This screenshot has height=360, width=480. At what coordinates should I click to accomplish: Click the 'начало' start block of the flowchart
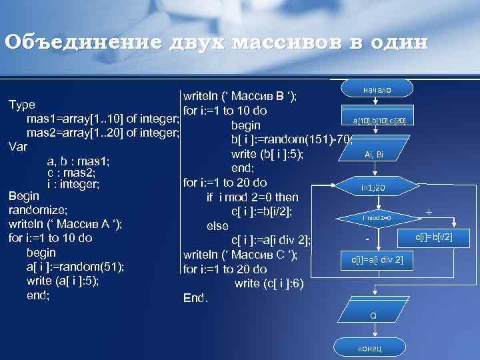point(377,89)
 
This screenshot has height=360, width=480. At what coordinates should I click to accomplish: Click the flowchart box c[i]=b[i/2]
point(433,236)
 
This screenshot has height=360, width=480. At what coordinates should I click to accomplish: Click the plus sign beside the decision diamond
point(429,213)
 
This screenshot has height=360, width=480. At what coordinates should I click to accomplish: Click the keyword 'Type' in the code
point(21,105)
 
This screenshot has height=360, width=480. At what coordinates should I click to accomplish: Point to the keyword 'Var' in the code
point(18,146)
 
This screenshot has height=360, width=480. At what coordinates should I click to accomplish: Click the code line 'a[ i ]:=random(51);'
point(75,267)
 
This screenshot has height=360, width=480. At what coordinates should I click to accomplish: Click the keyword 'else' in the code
point(218,226)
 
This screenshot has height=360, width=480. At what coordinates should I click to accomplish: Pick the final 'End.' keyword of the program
point(195,298)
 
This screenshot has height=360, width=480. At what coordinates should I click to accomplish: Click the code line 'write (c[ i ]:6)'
point(269,284)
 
